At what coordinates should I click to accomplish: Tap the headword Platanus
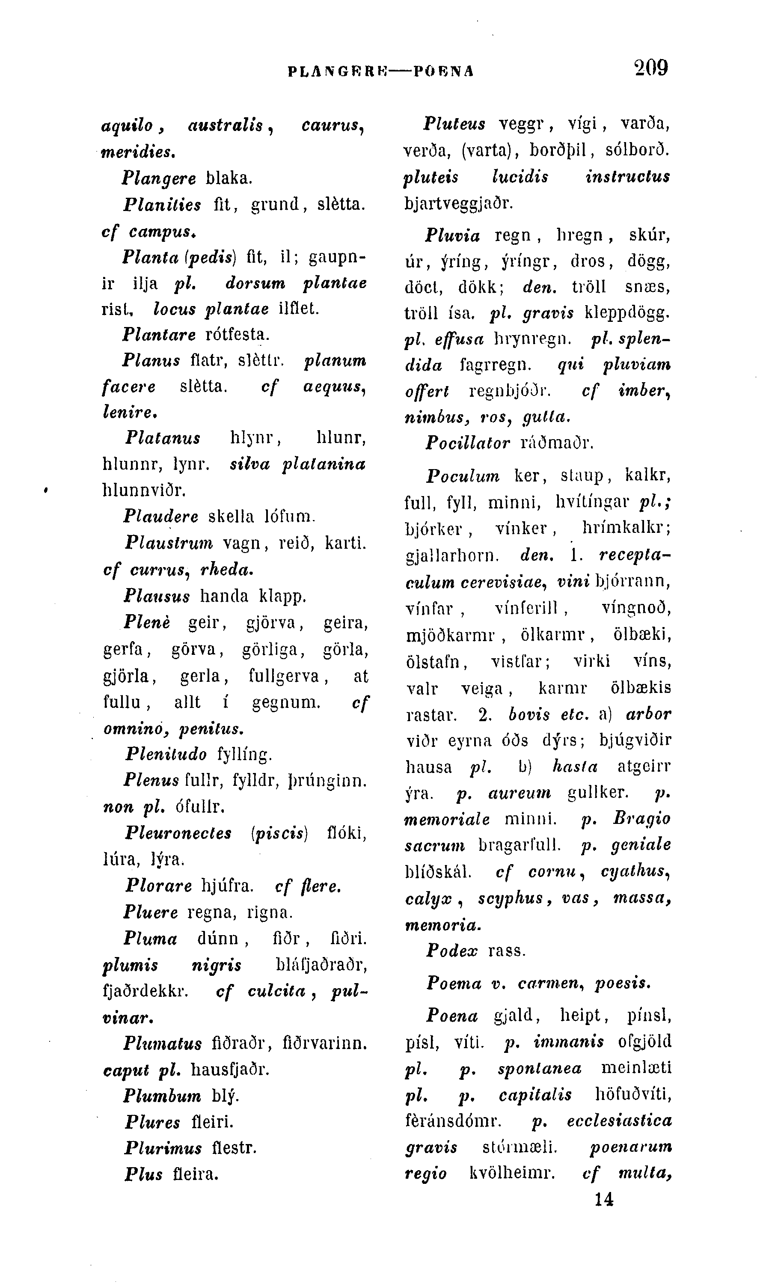coord(163,438)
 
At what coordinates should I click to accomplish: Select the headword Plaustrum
coord(168,543)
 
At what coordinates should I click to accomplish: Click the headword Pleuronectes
coord(178,833)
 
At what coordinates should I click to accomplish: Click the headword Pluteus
coord(454,124)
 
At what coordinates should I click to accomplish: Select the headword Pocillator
coord(468,443)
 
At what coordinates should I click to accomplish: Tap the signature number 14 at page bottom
coord(603,1199)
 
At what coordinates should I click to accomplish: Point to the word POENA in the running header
coord(444,71)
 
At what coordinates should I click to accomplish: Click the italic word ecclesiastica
coord(619,1121)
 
